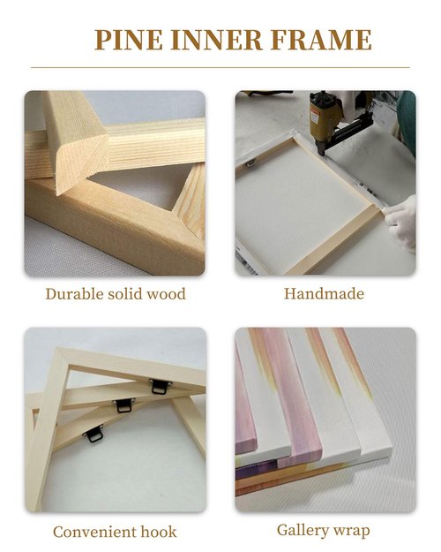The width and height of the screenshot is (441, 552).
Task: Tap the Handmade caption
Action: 324,293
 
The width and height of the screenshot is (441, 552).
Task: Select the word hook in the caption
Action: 159,532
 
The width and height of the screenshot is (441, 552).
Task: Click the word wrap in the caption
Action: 352,531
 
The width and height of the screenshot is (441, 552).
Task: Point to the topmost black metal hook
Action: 160,387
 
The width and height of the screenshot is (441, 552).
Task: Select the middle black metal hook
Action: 123,405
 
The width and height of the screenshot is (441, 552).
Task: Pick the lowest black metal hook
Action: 94,435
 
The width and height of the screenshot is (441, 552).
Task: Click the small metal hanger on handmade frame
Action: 249,163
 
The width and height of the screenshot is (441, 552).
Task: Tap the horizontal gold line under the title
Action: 220,67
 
